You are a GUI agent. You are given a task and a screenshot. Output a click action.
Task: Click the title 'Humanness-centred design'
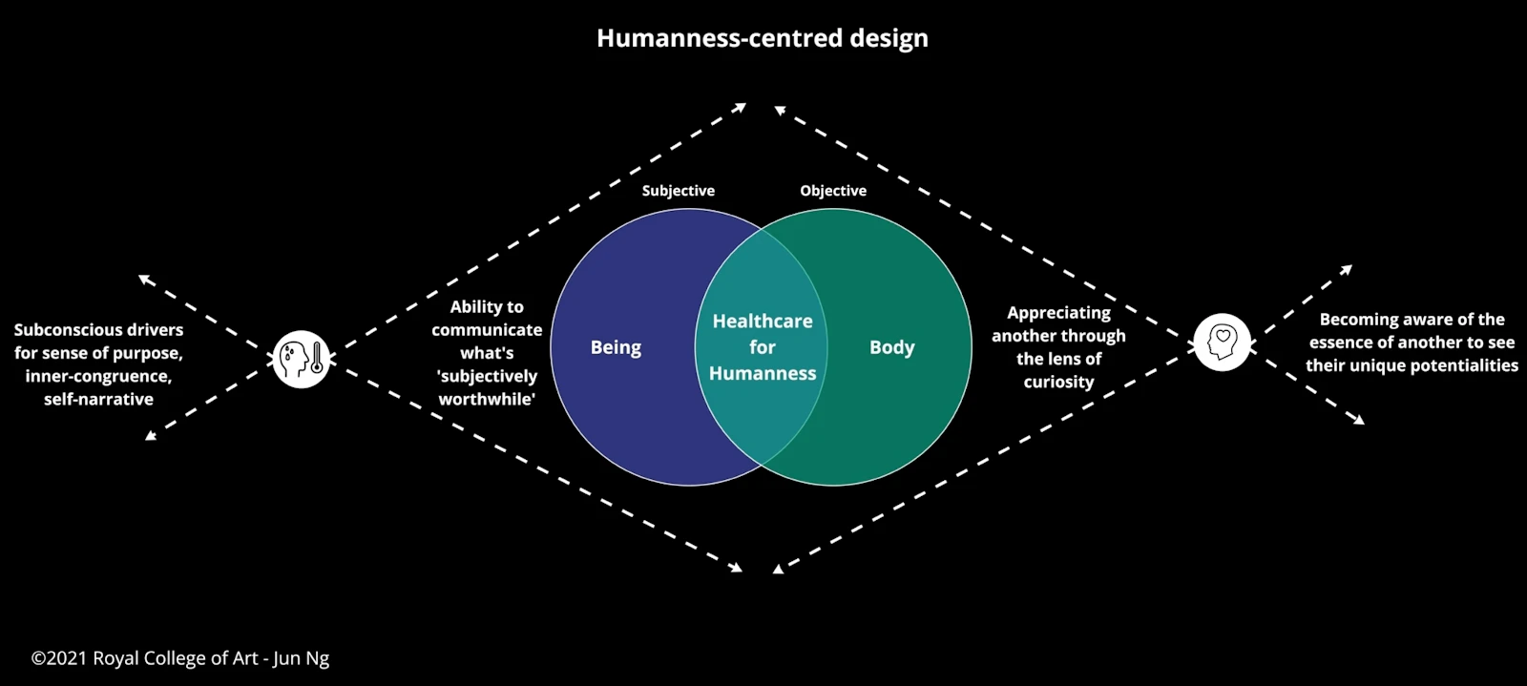point(762,38)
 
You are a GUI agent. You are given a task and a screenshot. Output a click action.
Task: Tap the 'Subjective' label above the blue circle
point(678,191)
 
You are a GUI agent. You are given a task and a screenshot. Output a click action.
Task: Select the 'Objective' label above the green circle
point(833,191)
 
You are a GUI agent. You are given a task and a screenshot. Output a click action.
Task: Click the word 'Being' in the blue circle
point(616,347)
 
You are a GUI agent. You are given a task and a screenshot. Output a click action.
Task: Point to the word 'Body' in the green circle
point(891,347)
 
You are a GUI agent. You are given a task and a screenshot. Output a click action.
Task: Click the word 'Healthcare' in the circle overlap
point(763,322)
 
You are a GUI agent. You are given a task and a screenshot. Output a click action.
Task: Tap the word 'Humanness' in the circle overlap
point(763,373)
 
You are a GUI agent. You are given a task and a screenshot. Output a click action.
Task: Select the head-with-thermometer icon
point(302,359)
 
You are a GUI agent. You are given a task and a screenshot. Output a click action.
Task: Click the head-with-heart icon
point(1223,342)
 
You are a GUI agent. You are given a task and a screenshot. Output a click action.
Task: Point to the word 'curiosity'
point(1058,382)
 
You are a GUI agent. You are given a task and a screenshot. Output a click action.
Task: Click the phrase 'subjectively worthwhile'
point(487,387)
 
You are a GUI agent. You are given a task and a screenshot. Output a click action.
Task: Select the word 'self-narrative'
point(98,399)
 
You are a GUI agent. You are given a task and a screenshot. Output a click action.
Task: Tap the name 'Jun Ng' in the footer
point(302,658)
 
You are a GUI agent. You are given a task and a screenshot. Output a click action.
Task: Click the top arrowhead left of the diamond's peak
point(741,107)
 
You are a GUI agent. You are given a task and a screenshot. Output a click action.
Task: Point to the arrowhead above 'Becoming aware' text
point(1347,270)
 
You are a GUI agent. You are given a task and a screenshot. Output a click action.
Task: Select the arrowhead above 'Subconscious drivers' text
point(143,279)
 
